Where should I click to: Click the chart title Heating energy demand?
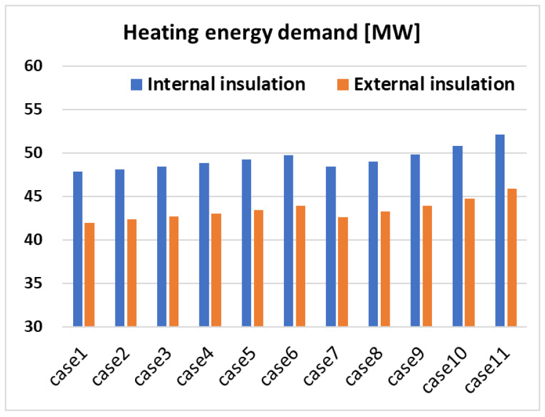coord(272,33)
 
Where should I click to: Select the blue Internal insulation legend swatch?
coord(137,85)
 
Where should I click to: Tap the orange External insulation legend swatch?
coord(343,85)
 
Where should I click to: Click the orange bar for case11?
coord(512,257)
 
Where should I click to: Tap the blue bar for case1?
coord(77,249)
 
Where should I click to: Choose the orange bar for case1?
coord(89,275)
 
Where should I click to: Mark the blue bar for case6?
coord(289,241)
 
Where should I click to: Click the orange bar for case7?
coord(343,272)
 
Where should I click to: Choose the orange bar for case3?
coord(174,272)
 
